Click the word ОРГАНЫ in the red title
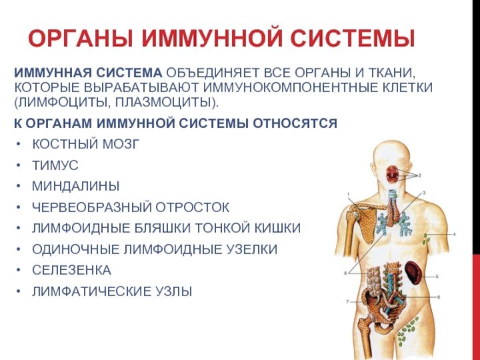coord(81,38)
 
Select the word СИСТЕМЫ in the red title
coord(353,38)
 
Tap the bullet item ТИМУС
coord(55,165)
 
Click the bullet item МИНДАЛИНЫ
coord(75,187)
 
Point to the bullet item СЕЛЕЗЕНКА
coord(71,270)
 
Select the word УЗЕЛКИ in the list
coord(251,249)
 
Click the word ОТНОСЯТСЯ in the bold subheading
coord(295,123)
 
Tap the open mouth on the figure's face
coord(392,174)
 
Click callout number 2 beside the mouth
coord(420,176)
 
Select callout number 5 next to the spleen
coord(437,277)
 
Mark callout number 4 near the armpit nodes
coord(455,235)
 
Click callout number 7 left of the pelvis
coord(347,301)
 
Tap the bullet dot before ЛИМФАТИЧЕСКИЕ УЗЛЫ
coord(19,291)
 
